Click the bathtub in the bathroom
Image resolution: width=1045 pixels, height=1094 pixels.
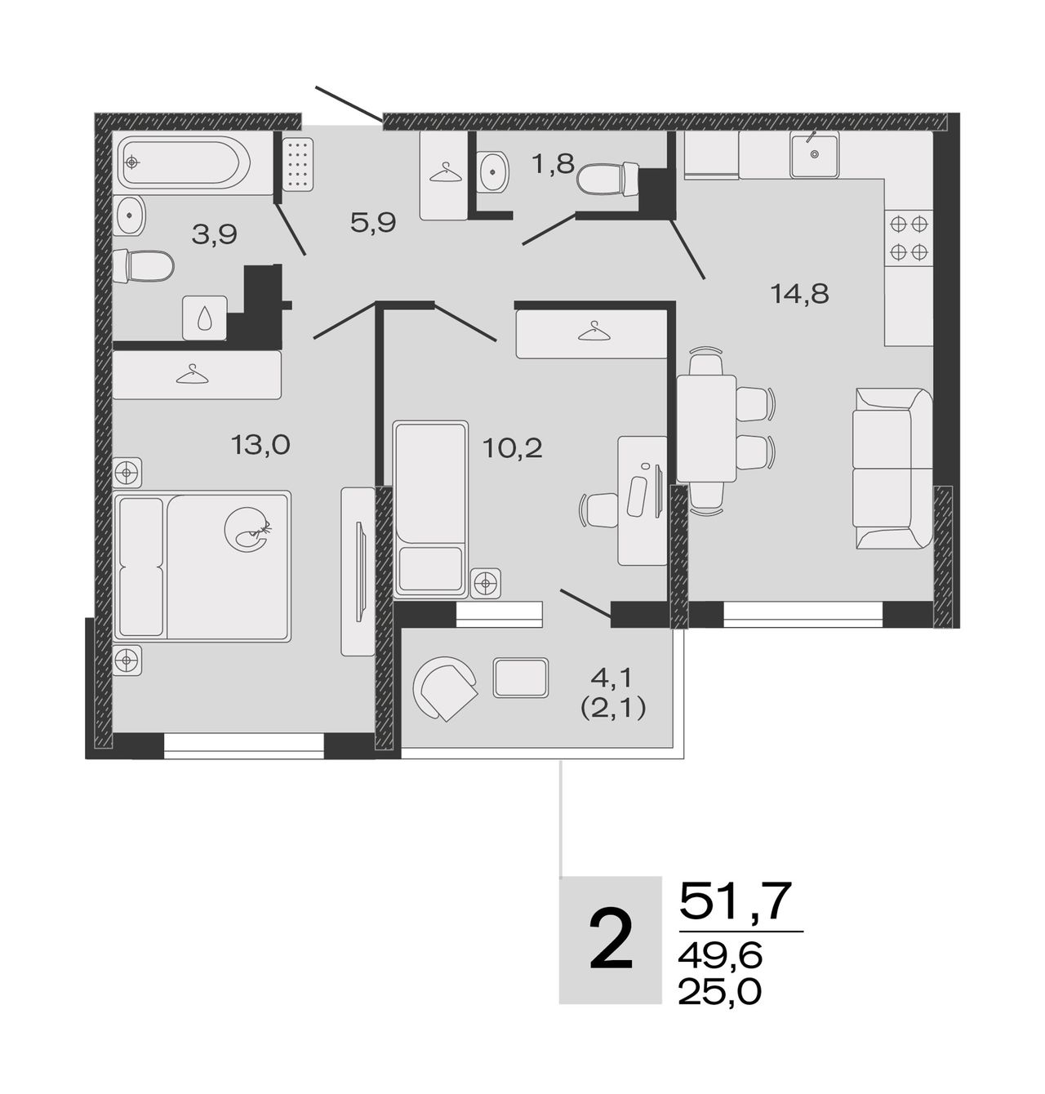pos(185,162)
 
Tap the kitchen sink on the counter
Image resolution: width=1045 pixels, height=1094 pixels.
pos(813,153)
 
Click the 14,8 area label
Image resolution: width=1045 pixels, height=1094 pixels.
pos(799,293)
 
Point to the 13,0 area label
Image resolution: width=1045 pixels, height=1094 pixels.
pos(260,445)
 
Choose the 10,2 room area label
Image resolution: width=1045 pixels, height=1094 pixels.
pos(512,448)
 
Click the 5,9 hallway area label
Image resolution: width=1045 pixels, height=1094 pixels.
pos(373,223)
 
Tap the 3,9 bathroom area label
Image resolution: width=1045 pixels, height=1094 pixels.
pos(214,234)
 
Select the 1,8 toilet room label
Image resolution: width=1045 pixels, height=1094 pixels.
pos(554,164)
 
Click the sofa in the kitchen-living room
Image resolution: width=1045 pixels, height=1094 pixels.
pos(892,468)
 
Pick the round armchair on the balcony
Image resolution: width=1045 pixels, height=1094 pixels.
pos(445,688)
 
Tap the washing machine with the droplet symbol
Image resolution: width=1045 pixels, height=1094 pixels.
pos(205,318)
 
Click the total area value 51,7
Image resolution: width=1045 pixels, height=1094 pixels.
pos(736,901)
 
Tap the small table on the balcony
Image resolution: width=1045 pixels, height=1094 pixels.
pos(521,678)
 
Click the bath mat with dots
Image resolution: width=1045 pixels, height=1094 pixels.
pos(297,163)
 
